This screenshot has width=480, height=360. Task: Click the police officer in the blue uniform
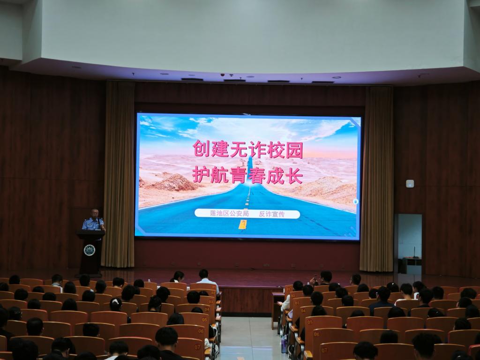click(x=93, y=220)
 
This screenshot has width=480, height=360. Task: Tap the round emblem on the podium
click(x=90, y=250)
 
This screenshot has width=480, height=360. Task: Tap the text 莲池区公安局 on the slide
click(x=229, y=214)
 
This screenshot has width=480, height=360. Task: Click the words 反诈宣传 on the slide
click(x=272, y=214)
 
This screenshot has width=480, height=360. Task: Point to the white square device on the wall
click(x=410, y=184)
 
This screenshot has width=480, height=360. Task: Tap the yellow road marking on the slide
click(x=242, y=225)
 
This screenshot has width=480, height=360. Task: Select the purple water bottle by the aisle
click(x=284, y=344)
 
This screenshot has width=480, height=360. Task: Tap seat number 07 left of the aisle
click(x=197, y=347)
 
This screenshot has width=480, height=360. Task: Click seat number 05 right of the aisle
click(x=310, y=322)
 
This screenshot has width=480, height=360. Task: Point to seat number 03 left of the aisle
click(x=211, y=301)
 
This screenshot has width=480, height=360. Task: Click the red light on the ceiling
click(x=222, y=75)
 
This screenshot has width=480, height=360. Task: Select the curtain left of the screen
click(x=119, y=173)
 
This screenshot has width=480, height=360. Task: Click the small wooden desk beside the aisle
click(x=277, y=309)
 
